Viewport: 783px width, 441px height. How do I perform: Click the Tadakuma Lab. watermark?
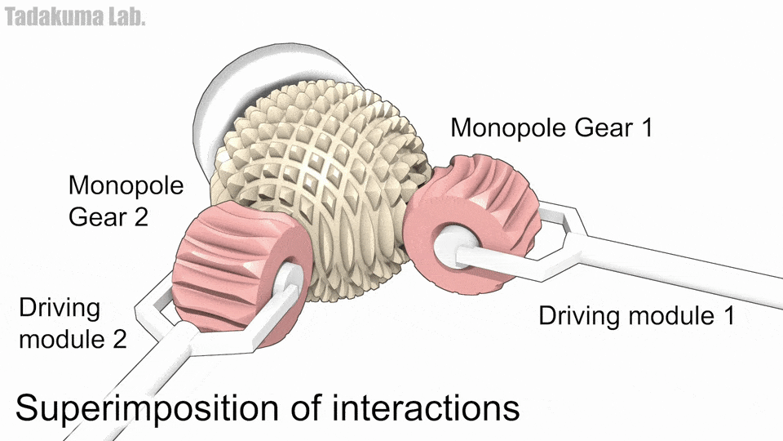(75, 16)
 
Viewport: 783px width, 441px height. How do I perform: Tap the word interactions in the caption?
(426, 408)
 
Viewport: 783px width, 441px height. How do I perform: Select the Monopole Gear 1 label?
(551, 127)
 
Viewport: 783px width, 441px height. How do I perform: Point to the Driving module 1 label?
(637, 315)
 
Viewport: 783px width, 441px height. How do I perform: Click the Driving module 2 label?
(73, 323)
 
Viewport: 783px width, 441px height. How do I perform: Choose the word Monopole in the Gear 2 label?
(126, 185)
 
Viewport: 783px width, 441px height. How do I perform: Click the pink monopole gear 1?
(472, 222)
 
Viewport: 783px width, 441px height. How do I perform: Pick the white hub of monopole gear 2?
(289, 280)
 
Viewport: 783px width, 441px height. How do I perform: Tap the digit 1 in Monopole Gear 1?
(646, 127)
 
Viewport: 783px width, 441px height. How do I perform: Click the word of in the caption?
(307, 408)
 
